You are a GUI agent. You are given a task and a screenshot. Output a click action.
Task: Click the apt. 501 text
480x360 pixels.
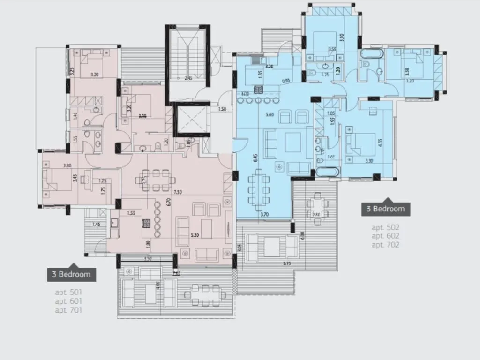[x=69, y=292]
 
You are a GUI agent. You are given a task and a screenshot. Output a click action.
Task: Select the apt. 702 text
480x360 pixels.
[x=385, y=244]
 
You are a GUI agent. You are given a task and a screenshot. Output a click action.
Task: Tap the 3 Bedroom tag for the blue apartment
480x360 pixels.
[x=385, y=209]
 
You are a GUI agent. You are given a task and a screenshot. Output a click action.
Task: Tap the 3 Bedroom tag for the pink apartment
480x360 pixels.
[x=71, y=274]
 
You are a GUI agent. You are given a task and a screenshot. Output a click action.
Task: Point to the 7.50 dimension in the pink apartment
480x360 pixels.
[x=177, y=192]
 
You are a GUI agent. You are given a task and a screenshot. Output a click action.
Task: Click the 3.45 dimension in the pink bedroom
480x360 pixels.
[x=75, y=178]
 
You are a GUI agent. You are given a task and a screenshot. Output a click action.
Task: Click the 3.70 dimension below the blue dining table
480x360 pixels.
[x=263, y=214]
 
